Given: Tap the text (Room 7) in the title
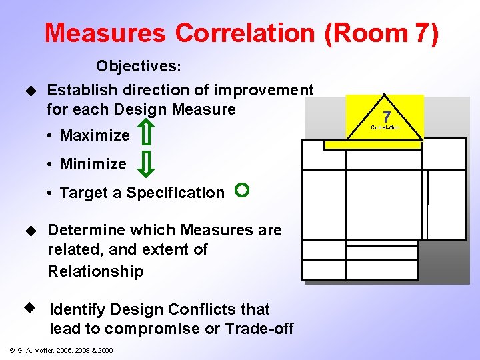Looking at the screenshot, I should [x=382, y=33].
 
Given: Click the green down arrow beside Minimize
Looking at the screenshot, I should [x=149, y=163].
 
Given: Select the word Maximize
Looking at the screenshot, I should [x=95, y=135].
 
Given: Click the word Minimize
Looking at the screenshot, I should [x=93, y=164].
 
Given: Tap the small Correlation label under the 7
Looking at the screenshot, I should [x=385, y=127].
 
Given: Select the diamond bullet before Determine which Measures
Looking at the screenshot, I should [x=29, y=231].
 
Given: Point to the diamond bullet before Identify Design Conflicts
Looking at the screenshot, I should [x=29, y=309].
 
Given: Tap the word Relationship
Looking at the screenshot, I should [x=95, y=271].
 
